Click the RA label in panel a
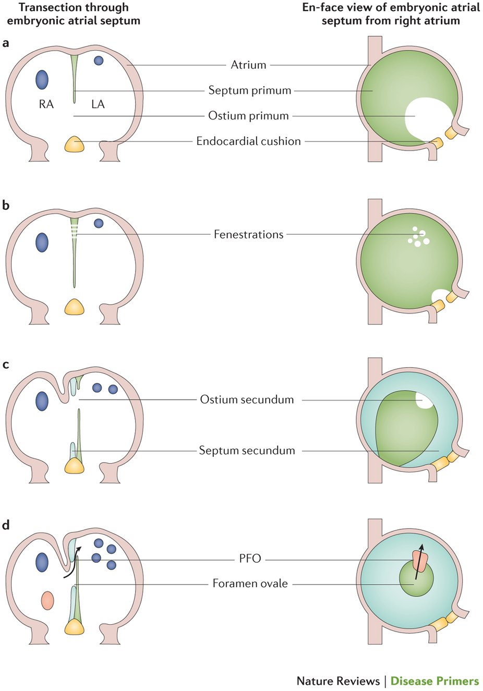(46, 104)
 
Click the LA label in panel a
(98, 104)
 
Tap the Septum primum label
(249, 90)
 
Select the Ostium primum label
(248, 116)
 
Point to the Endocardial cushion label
(248, 141)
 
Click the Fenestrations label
(248, 235)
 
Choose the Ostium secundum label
(247, 400)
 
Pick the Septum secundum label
(247, 451)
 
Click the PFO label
(250, 559)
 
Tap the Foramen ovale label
(250, 584)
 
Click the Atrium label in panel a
(248, 65)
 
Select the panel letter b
(6, 205)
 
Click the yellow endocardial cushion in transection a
(74, 144)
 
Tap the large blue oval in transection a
(42, 80)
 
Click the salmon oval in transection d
(47, 600)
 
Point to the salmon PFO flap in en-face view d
(420, 561)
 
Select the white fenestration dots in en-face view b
(418, 237)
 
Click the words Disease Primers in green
(434, 681)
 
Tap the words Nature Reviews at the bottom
(338, 681)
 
